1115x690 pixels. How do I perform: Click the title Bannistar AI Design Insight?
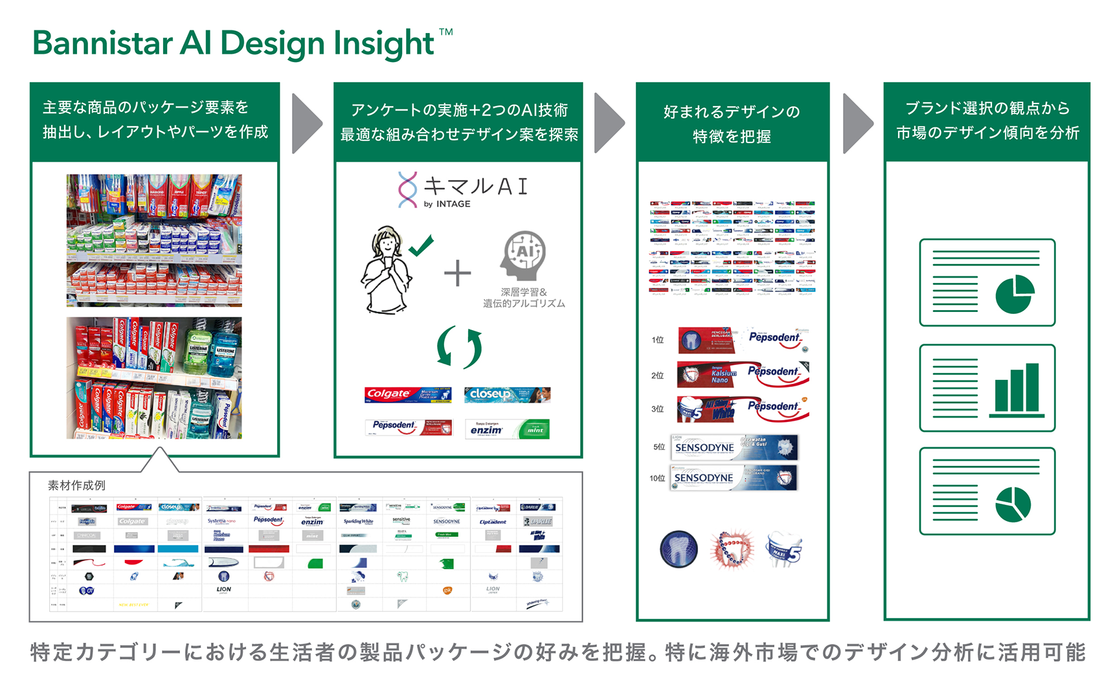click(x=234, y=44)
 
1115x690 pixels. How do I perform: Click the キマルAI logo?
click(x=463, y=190)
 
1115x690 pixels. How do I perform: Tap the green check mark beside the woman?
click(x=422, y=246)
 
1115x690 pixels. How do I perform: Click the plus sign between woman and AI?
click(x=457, y=273)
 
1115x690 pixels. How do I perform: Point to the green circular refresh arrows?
click(x=459, y=347)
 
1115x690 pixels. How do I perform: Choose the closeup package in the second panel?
click(x=507, y=394)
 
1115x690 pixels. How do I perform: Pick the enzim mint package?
click(x=507, y=429)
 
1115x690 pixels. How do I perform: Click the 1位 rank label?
click(x=658, y=340)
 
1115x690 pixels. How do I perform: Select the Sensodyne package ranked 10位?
click(x=734, y=478)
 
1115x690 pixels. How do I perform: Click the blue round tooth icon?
click(x=679, y=549)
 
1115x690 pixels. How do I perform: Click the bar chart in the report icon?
click(x=1017, y=390)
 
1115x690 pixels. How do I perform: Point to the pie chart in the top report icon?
click(x=1015, y=294)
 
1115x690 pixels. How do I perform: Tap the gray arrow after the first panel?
click(x=306, y=124)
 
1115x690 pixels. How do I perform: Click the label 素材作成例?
click(x=76, y=485)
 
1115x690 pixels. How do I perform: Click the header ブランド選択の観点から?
click(x=987, y=108)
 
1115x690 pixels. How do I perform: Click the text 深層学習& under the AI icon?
click(x=524, y=292)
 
